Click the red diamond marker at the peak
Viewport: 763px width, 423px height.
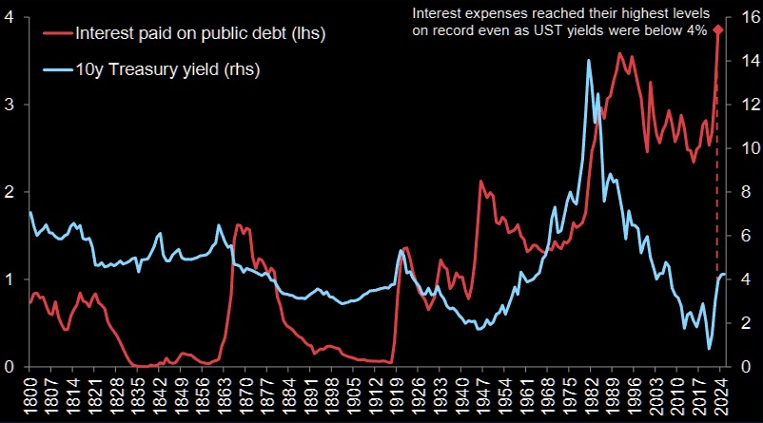point(718,30)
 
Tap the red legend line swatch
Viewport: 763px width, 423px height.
point(57,34)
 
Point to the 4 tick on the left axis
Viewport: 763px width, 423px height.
point(9,17)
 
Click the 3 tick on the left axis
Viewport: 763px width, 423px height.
point(9,105)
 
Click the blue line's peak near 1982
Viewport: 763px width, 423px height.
point(589,61)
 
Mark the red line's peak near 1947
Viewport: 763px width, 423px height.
point(481,181)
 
